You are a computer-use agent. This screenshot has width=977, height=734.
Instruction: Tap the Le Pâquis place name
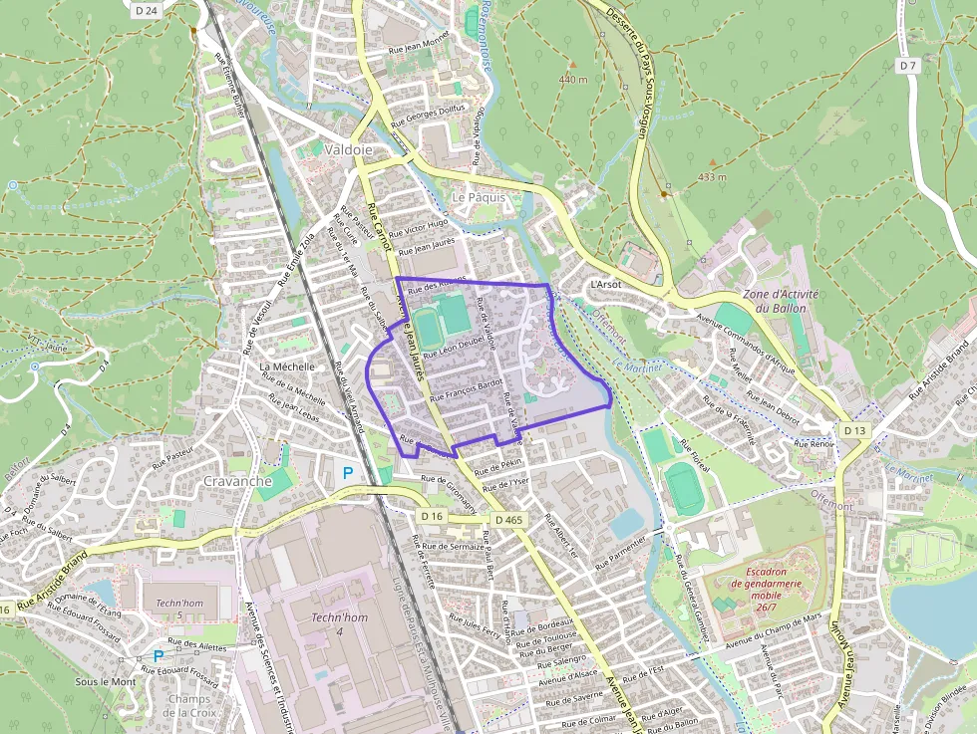pyautogui.click(x=479, y=197)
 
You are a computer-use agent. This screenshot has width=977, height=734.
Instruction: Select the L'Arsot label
pyautogui.click(x=605, y=284)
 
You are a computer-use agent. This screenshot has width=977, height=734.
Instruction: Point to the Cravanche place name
pyautogui.click(x=237, y=480)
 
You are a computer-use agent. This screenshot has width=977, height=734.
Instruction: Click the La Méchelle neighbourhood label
pyautogui.click(x=286, y=367)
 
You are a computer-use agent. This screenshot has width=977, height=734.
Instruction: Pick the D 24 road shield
pyautogui.click(x=146, y=10)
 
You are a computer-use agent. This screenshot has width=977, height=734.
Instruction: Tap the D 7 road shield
pyautogui.click(x=906, y=66)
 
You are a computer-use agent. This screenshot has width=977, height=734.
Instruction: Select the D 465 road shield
pyautogui.click(x=507, y=520)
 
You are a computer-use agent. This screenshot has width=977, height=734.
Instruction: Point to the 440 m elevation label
pyautogui.click(x=573, y=79)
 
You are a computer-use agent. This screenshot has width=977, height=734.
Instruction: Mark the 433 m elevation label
pyautogui.click(x=712, y=177)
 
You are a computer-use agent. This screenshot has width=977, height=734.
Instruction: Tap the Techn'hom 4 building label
pyautogui.click(x=327, y=624)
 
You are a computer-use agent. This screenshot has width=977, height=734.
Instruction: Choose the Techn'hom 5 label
pyautogui.click(x=179, y=610)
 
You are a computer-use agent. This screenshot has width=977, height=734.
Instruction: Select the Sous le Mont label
pyautogui.click(x=106, y=682)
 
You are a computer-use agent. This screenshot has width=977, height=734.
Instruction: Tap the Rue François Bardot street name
pyautogui.click(x=465, y=389)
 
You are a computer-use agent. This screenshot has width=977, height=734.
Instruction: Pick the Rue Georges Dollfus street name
pyautogui.click(x=429, y=116)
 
